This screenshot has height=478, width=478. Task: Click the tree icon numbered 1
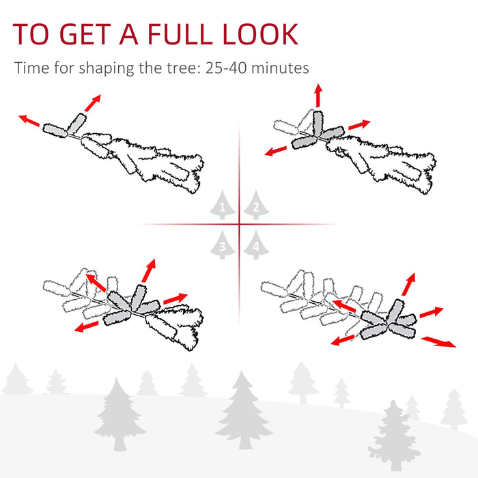[x=222, y=204]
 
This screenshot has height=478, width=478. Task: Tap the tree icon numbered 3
[x=222, y=245]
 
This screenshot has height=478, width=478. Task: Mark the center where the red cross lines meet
[x=239, y=224]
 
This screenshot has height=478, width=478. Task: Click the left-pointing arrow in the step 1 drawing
[x=29, y=121]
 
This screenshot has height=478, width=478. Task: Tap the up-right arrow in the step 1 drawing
[x=90, y=102]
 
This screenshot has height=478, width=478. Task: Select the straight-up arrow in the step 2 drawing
[x=318, y=96]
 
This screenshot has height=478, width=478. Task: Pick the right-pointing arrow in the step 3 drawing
[x=175, y=299]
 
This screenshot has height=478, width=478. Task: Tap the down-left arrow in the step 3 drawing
[x=87, y=327]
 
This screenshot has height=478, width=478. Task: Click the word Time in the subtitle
[x=30, y=68]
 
